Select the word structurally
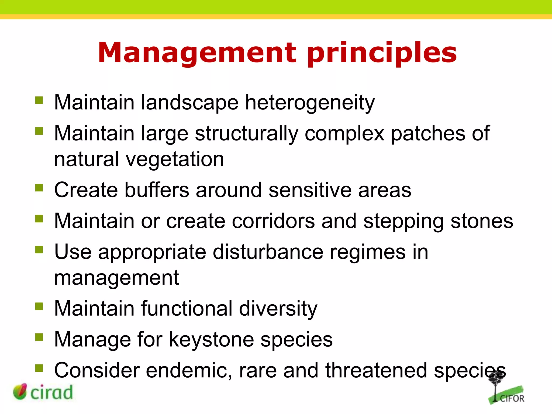pyautogui.click(x=246, y=134)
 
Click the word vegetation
pyautogui.click(x=175, y=160)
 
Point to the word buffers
pyautogui.click(x=157, y=190)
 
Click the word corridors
pyautogui.click(x=273, y=221)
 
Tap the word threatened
pyautogui.click(x=376, y=371)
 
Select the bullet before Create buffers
pyautogui.click(x=39, y=188)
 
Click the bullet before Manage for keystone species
pyautogui.click(x=39, y=337)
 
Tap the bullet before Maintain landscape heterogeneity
pyautogui.click(x=39, y=100)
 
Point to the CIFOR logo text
pyautogui.click(x=512, y=399)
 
